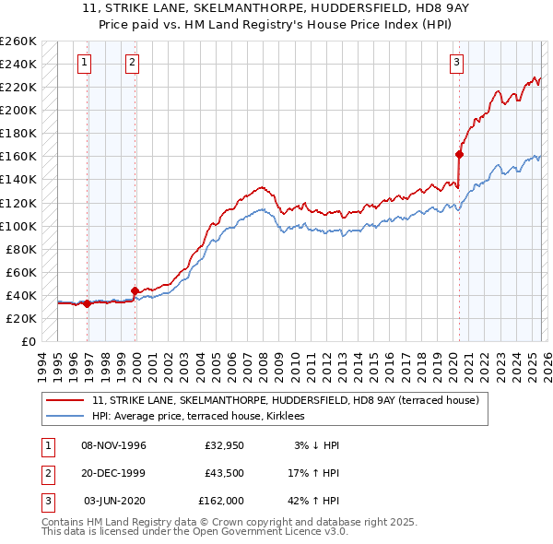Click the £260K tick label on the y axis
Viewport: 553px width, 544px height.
[x=18, y=41]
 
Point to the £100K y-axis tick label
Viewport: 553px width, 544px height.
[x=18, y=226]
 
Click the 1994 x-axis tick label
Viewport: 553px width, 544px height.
[x=42, y=365]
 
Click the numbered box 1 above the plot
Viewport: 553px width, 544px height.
[x=84, y=63]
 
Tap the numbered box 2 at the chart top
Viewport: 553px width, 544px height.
[x=133, y=63]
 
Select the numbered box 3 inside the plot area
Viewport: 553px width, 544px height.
[x=456, y=63]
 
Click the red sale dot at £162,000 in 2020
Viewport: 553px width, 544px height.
[x=459, y=154]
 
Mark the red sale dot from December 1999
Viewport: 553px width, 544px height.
[x=135, y=291]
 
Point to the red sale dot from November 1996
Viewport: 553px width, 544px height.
[x=88, y=303]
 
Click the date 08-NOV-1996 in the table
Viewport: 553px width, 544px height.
[x=114, y=445]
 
